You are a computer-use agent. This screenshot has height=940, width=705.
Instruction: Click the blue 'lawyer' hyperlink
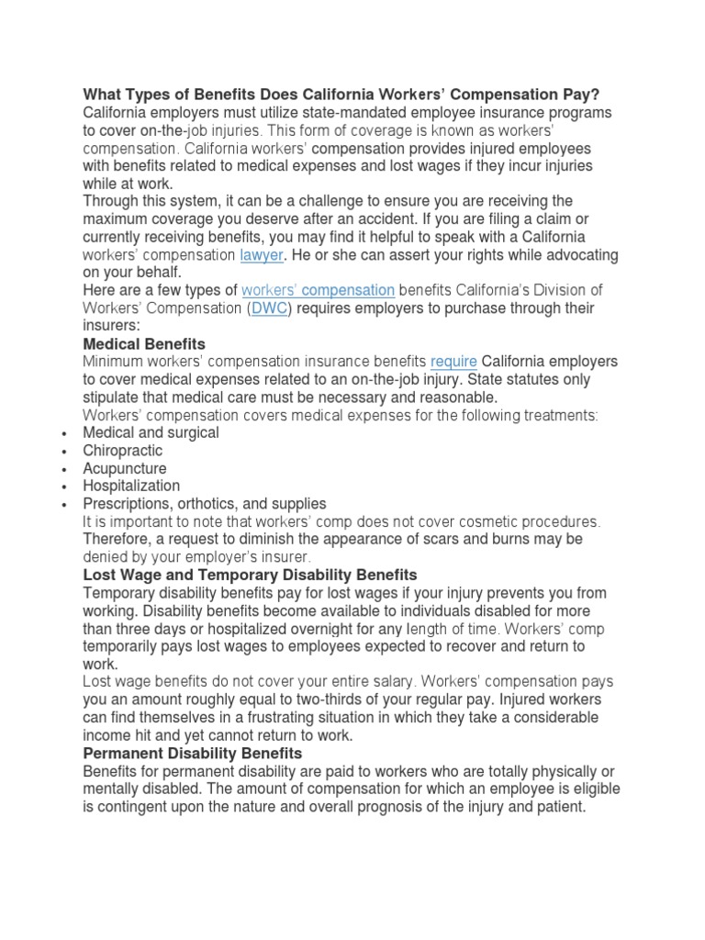pos(261,255)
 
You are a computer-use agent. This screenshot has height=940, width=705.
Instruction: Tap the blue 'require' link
pos(453,362)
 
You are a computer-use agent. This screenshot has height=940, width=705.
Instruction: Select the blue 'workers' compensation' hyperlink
pos(318,291)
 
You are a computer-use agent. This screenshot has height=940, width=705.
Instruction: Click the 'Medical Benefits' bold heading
pos(144,344)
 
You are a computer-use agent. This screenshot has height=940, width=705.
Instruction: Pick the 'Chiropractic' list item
pos(123,451)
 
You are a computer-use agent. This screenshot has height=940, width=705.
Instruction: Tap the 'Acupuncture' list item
pos(125,468)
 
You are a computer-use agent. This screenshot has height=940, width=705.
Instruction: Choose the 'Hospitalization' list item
pos(131,486)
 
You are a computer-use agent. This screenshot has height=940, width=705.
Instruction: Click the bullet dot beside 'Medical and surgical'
pos(62,433)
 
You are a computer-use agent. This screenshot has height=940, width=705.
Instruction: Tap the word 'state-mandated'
pos(297,113)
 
